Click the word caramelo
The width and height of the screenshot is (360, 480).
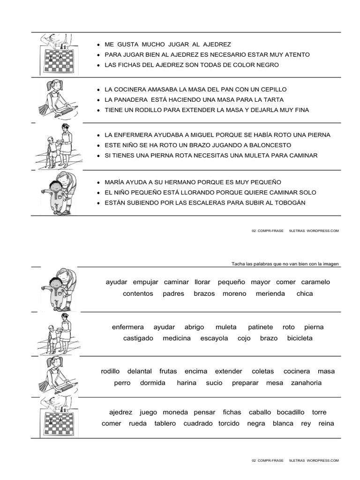[315, 282]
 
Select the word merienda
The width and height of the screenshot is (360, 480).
[270, 294]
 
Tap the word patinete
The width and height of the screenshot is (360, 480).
[260, 327]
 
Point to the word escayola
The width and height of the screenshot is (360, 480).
[214, 338]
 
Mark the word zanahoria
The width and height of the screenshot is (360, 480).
[306, 383]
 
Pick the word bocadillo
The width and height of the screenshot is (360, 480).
[291, 412]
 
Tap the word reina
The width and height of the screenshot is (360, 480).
[326, 424]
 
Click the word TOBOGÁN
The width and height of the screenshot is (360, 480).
[288, 203]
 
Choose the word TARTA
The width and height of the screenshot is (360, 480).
[274, 100]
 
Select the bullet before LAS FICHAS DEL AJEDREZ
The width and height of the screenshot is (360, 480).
[97, 65]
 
